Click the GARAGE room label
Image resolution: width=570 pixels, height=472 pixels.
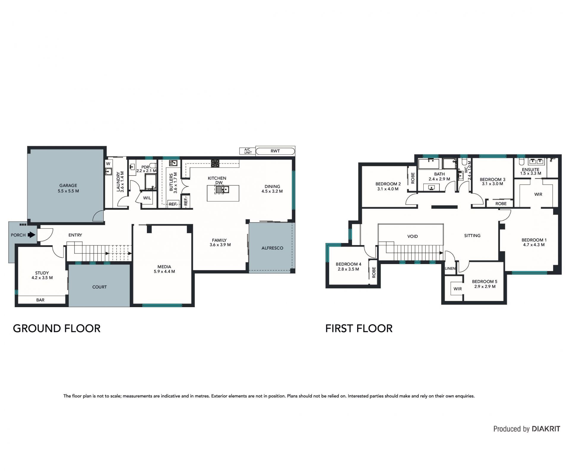(x=68, y=185)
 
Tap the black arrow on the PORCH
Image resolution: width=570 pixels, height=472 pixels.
(x=31, y=235)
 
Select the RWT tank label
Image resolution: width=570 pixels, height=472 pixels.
(x=275, y=151)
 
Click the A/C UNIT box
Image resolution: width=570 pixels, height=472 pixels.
(x=248, y=151)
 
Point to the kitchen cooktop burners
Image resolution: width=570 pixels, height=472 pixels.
(x=216, y=163)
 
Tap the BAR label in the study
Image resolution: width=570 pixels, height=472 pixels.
(x=40, y=300)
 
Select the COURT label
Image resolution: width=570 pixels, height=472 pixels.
(x=99, y=287)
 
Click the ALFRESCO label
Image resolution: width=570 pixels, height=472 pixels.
(x=272, y=248)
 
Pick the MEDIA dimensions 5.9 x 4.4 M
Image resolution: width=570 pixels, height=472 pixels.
(x=164, y=271)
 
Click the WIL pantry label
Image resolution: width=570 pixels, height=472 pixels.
(x=147, y=198)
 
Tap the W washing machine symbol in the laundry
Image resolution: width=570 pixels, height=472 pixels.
(x=108, y=164)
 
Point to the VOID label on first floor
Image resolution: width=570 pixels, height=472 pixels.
(x=413, y=236)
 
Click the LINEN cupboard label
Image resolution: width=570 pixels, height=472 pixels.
(x=450, y=269)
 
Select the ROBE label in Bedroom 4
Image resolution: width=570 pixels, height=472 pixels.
(x=374, y=272)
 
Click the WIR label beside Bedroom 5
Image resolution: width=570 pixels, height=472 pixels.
(x=458, y=289)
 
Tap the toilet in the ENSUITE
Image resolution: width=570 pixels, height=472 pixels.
(x=521, y=162)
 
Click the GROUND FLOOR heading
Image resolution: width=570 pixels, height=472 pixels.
(x=57, y=328)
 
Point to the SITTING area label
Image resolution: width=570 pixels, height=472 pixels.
(x=472, y=236)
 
